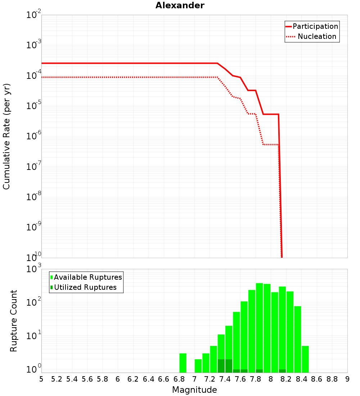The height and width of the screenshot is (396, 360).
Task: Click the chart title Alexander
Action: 180,5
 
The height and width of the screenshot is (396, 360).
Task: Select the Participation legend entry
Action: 315,26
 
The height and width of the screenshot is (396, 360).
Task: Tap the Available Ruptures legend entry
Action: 88,277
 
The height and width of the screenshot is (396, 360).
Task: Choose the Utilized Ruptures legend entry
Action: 85,287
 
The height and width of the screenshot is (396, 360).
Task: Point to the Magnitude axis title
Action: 194,390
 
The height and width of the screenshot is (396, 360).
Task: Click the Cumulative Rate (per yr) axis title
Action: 6,136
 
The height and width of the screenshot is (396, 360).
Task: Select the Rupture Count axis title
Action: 14,321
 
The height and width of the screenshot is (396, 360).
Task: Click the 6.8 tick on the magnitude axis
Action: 179,379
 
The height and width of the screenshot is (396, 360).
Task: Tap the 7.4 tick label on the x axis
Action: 225,379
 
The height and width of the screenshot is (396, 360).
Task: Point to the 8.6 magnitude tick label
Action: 317,379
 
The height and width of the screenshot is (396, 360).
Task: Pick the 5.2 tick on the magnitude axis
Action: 57,379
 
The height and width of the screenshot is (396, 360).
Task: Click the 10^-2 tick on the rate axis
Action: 34,15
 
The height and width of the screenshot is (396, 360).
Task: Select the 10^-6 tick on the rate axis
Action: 34,136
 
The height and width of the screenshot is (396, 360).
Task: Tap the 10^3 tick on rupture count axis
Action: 35,269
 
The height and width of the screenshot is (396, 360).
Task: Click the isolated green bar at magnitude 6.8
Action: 183,363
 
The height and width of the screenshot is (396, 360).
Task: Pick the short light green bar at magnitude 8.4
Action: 305,359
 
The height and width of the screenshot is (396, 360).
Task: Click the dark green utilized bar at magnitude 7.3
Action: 221,366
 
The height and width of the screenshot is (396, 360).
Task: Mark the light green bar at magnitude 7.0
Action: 198,366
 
